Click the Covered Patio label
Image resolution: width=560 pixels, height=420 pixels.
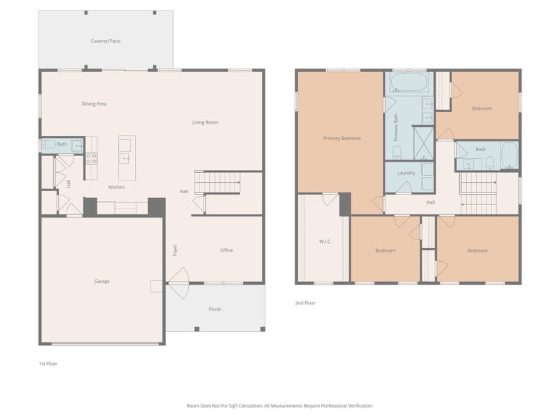[106, 41]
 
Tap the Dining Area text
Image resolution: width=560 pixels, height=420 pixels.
[94, 104]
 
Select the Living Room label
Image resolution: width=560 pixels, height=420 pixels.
[205, 122]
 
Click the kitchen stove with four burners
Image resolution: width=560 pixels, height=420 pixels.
[91, 158]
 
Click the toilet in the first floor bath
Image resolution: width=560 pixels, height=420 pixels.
[48, 145]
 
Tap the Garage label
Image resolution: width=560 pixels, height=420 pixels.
[102, 281]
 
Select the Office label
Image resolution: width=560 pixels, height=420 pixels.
[227, 250]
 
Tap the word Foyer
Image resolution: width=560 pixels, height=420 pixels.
[175, 250]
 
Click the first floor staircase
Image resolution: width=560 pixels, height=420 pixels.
[217, 183]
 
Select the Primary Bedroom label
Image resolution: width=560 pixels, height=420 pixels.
[342, 138]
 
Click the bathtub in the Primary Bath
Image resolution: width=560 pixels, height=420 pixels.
[409, 83]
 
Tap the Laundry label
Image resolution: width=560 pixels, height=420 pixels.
[406, 173]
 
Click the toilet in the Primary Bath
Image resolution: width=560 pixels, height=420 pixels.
[396, 152]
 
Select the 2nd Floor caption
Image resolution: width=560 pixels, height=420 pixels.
[305, 303]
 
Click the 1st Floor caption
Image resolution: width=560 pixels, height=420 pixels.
[48, 364]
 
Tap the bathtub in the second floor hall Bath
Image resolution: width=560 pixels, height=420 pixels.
[510, 156]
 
